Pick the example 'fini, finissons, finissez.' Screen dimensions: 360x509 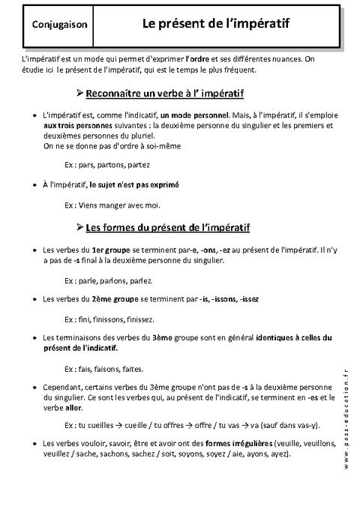click(113, 318)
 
